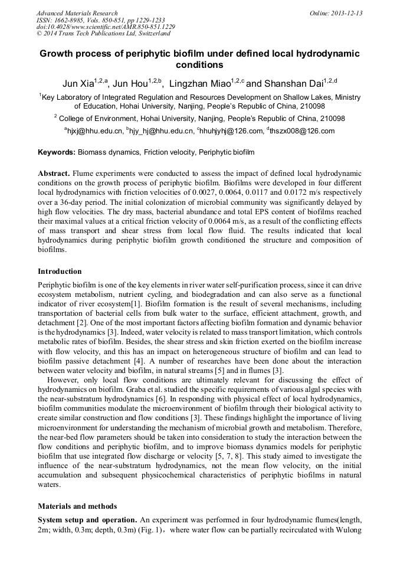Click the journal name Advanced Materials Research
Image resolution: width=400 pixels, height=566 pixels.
point(77,13)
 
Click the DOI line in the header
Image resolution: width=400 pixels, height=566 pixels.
point(106,27)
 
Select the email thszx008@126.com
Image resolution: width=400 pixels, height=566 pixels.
point(303,131)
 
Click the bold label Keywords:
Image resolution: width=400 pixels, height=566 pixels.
point(57,152)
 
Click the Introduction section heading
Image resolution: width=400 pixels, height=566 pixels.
point(60,271)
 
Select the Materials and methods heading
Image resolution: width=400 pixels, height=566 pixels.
point(77,506)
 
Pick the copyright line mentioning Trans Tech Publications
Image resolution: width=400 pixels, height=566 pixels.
point(112,34)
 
